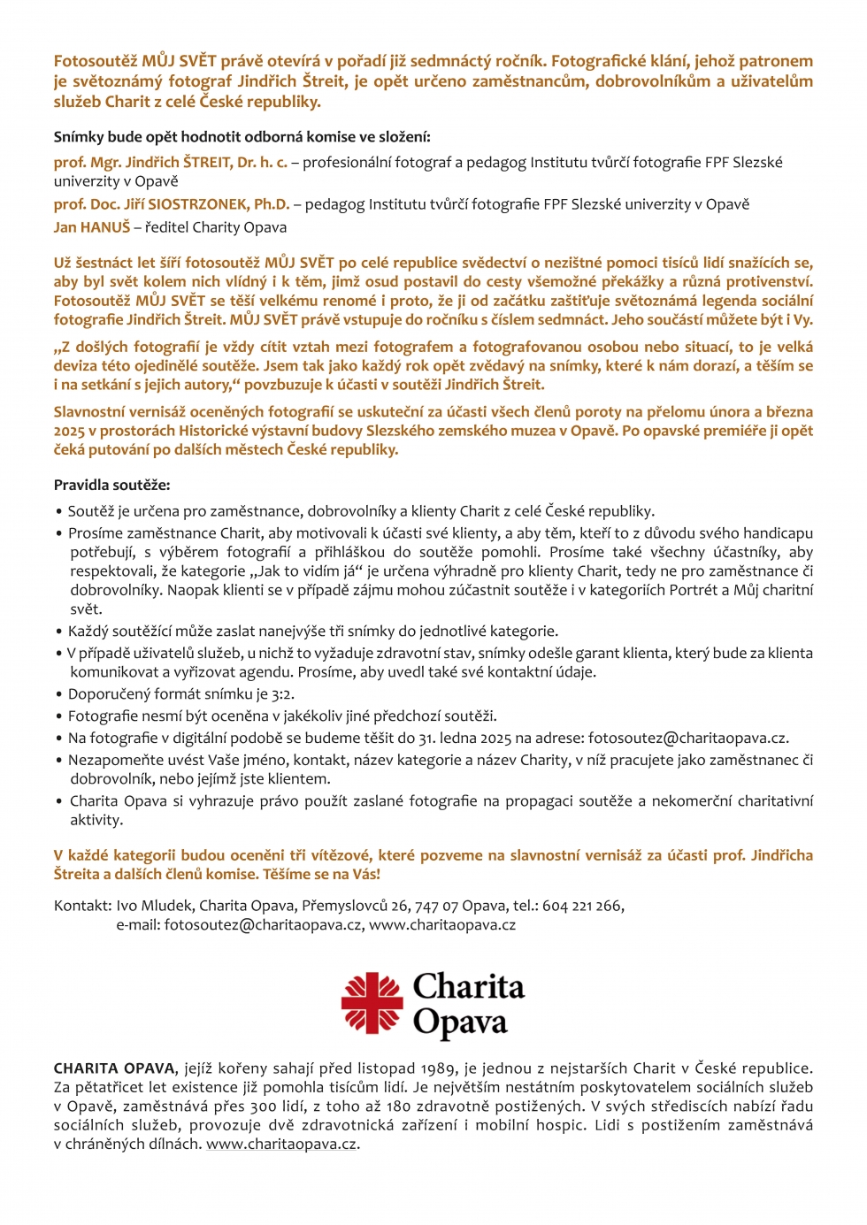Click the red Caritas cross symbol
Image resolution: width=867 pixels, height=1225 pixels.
click(372, 1003)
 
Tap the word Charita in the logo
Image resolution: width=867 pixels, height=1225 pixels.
click(468, 986)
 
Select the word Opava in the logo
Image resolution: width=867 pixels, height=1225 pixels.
click(459, 1022)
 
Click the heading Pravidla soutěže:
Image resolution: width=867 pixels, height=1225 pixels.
click(111, 485)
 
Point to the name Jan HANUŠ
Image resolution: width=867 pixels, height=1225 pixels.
click(92, 227)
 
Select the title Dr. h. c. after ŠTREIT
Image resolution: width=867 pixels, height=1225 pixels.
click(262, 162)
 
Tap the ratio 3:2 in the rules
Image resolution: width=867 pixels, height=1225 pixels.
click(280, 694)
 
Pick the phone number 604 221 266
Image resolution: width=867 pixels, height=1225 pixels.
click(582, 906)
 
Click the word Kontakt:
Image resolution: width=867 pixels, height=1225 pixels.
click(82, 906)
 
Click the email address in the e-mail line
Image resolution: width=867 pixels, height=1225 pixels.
click(263, 925)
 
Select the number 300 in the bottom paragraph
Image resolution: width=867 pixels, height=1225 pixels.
click(263, 1106)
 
